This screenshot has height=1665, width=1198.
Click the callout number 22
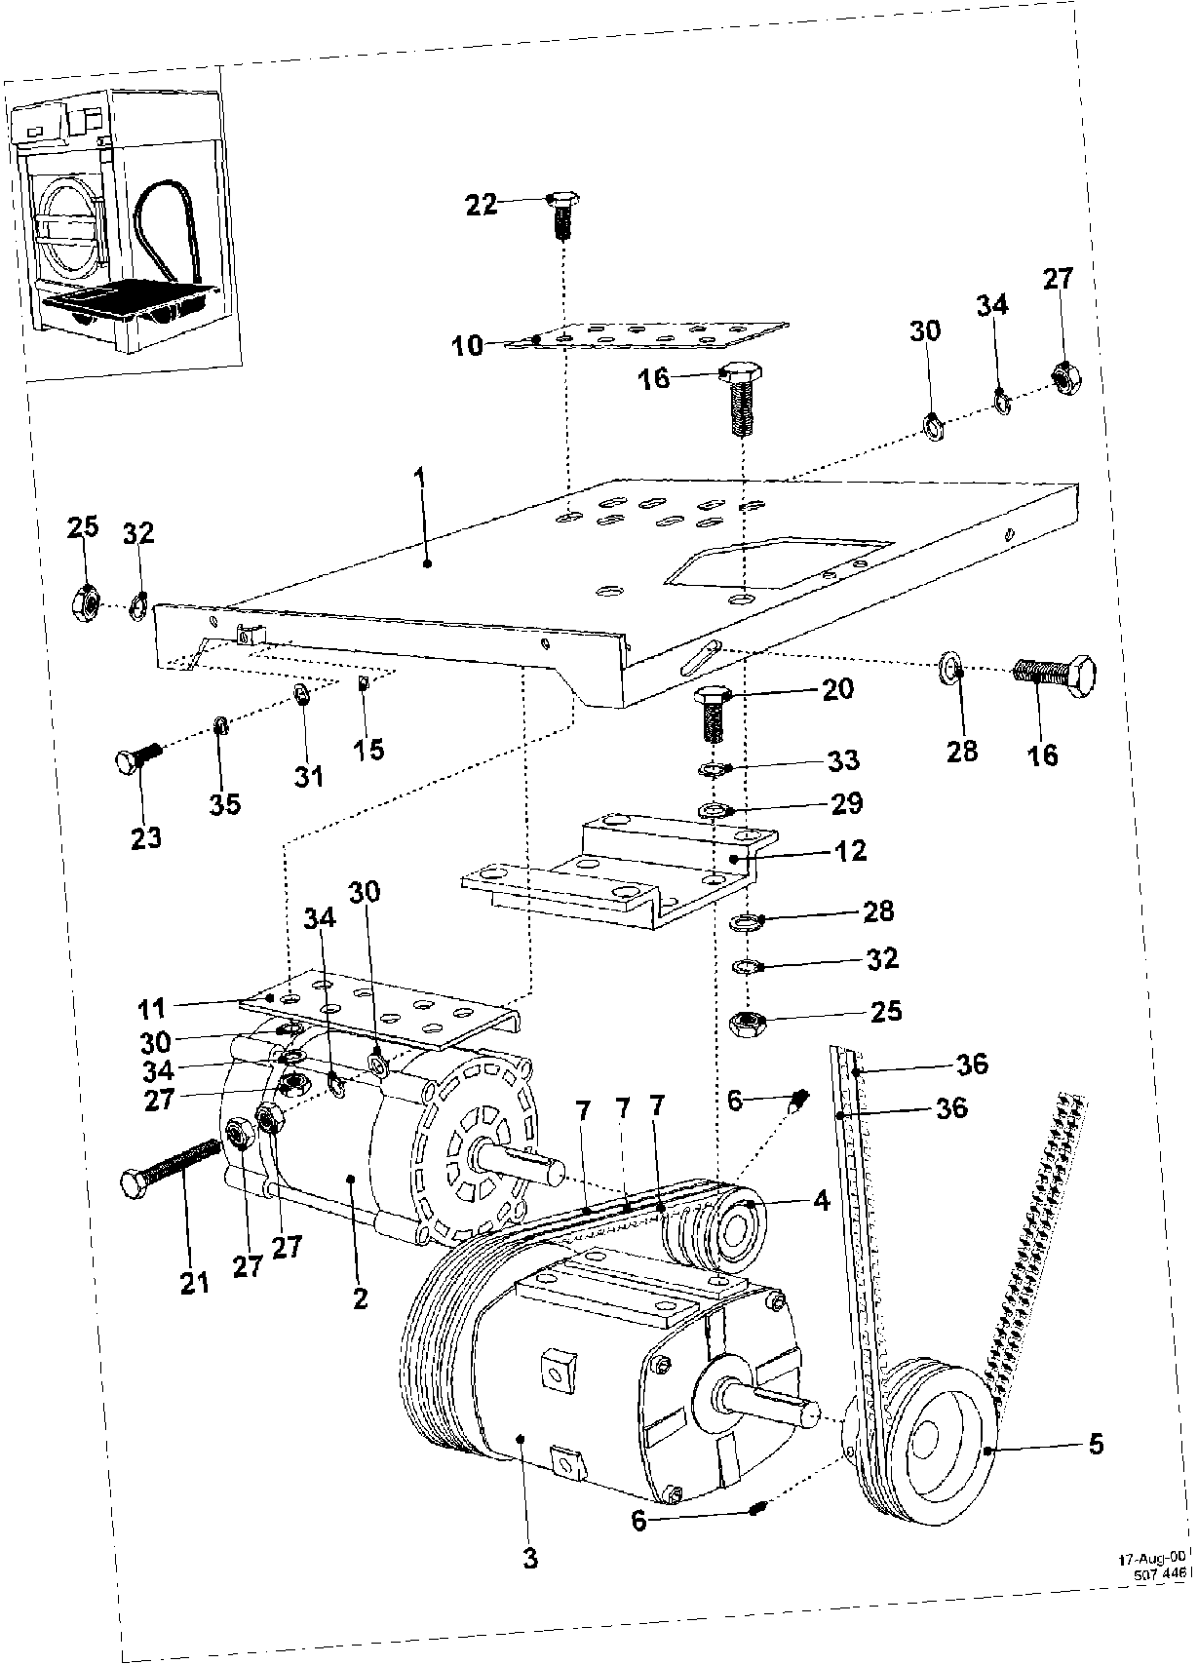pyautogui.click(x=482, y=204)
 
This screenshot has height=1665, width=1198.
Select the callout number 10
pyautogui.click(x=468, y=345)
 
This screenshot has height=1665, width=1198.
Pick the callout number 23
pyautogui.click(x=146, y=837)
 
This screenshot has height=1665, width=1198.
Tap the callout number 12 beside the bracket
pyautogui.click(x=850, y=850)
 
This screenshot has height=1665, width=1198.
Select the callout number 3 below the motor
pyautogui.click(x=530, y=1557)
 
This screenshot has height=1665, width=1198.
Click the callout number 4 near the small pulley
pyautogui.click(x=821, y=1201)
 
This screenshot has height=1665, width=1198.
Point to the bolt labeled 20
pyautogui.click(x=714, y=713)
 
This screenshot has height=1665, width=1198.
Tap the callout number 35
pyautogui.click(x=225, y=804)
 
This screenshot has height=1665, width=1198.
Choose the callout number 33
pyautogui.click(x=845, y=760)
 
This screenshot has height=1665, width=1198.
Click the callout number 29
pyautogui.click(x=846, y=803)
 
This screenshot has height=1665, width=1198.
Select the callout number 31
pyautogui.click(x=308, y=776)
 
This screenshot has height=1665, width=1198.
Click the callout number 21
pyautogui.click(x=195, y=1283)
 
